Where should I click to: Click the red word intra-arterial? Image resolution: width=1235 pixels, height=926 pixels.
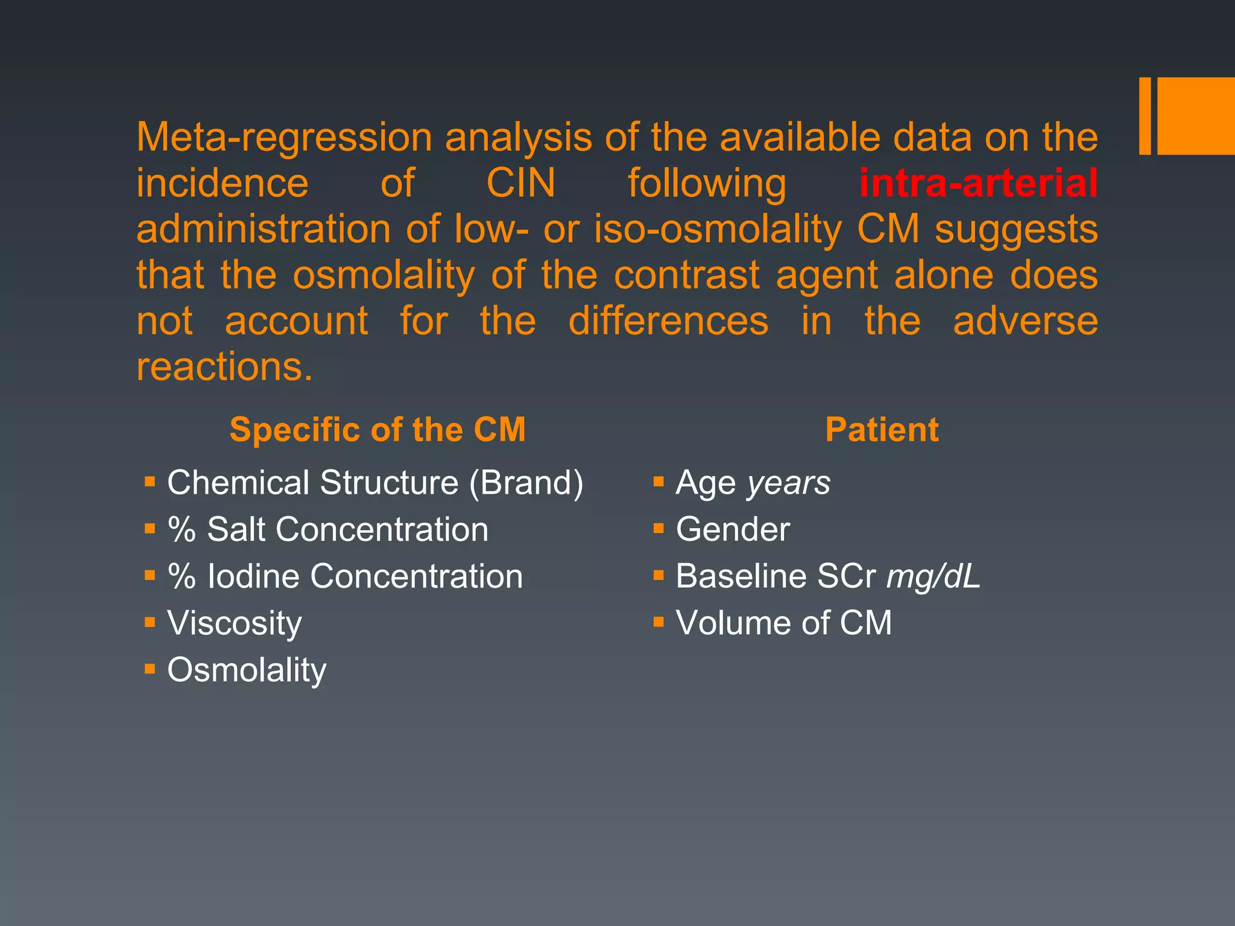[x=978, y=183]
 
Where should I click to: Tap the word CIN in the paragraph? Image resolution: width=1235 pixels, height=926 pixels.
[x=520, y=183]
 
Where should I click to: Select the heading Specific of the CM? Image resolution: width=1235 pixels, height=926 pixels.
[x=377, y=430]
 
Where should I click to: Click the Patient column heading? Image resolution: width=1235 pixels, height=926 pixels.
[x=882, y=430]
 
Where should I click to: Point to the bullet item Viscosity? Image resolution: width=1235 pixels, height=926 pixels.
[x=235, y=623]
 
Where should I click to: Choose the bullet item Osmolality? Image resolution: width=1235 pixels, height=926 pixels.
[x=247, y=670]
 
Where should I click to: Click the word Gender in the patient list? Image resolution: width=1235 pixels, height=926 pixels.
[x=733, y=529]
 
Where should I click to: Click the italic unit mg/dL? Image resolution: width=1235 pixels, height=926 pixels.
[x=933, y=576]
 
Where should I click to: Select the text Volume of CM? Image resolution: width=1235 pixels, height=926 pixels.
[x=783, y=623]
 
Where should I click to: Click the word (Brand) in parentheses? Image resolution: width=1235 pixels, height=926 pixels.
[x=526, y=483]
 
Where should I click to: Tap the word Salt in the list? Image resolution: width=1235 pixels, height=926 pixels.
[x=236, y=529]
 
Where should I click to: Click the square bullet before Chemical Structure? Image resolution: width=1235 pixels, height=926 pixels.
[x=150, y=482]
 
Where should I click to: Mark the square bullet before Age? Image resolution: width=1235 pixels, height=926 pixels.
[x=659, y=482]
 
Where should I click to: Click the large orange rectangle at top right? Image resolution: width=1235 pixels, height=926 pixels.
[x=1195, y=116]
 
